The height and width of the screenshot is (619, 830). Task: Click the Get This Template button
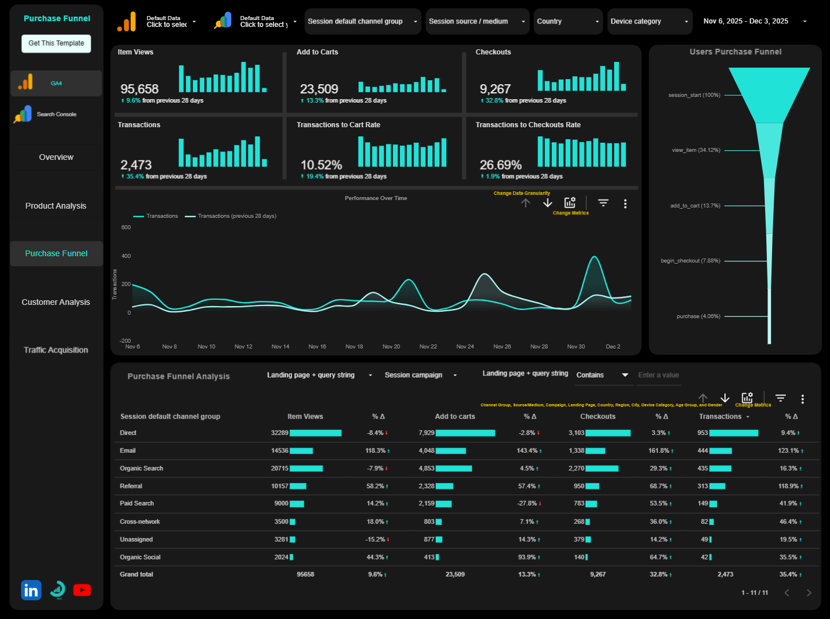click(x=56, y=43)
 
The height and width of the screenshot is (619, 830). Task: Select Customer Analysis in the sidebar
click(x=56, y=302)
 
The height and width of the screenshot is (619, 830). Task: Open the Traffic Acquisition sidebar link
click(x=56, y=350)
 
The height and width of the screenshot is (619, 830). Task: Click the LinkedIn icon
click(x=31, y=590)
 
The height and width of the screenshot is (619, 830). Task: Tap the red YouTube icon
click(x=82, y=590)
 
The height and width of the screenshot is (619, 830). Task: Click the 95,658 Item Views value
click(x=139, y=89)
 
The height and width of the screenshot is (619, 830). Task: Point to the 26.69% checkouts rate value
click(x=500, y=165)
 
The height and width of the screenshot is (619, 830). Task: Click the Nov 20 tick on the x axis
click(x=391, y=346)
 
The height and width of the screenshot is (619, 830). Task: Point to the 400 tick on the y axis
click(x=126, y=256)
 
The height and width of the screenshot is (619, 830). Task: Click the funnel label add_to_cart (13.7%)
click(x=695, y=206)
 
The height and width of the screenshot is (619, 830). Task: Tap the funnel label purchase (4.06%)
click(x=698, y=316)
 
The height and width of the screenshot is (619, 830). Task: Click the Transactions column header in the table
click(x=720, y=417)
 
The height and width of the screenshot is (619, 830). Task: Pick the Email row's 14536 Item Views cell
click(x=279, y=450)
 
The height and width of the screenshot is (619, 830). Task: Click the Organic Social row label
click(x=140, y=557)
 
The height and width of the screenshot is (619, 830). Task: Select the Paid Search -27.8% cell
click(x=527, y=503)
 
